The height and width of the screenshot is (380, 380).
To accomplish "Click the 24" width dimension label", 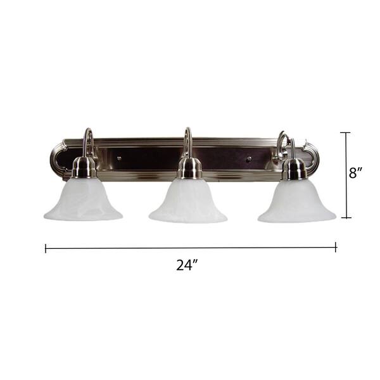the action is point(187,265).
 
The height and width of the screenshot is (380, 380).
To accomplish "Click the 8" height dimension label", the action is point(356,173).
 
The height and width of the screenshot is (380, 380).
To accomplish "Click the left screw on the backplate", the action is point(119,158).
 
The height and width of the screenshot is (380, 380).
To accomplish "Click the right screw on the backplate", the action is point(249,159).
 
